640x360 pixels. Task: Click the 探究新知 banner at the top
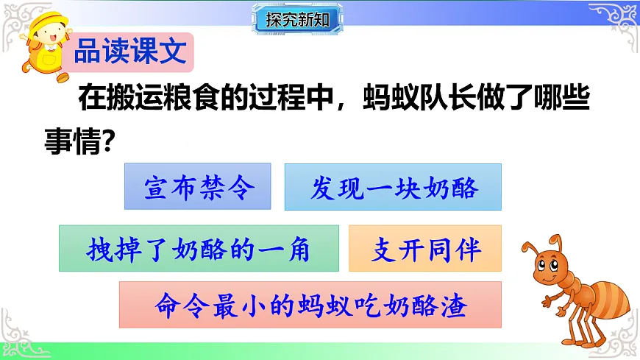point(299,19)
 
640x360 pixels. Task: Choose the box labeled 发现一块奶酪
point(393,188)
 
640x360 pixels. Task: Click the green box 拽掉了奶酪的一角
point(199,249)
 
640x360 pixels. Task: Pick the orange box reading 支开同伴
point(424,249)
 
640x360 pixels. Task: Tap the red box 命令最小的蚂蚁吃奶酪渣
point(310,305)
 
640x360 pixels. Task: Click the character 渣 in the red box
point(455,305)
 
